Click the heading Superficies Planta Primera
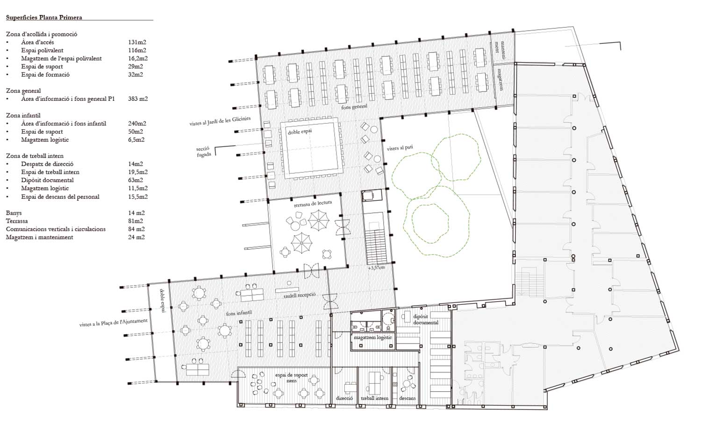[x=44, y=17]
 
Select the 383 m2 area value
[x=138, y=99]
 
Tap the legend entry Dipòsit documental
[x=47, y=180]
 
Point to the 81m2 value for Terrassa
[x=136, y=221]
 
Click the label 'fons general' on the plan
[x=354, y=106]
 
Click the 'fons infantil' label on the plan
[x=239, y=313]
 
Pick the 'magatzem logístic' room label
[x=373, y=338]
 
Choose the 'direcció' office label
[x=344, y=398]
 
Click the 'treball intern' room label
[x=374, y=398]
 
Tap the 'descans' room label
[x=407, y=398]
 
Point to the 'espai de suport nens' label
[x=291, y=378]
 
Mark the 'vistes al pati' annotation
[x=400, y=148]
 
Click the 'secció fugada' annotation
[x=203, y=152]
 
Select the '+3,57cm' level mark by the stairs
[x=376, y=268]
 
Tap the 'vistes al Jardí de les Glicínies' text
[x=220, y=121]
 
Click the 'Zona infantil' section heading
[x=23, y=115]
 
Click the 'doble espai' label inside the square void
[x=300, y=132]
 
